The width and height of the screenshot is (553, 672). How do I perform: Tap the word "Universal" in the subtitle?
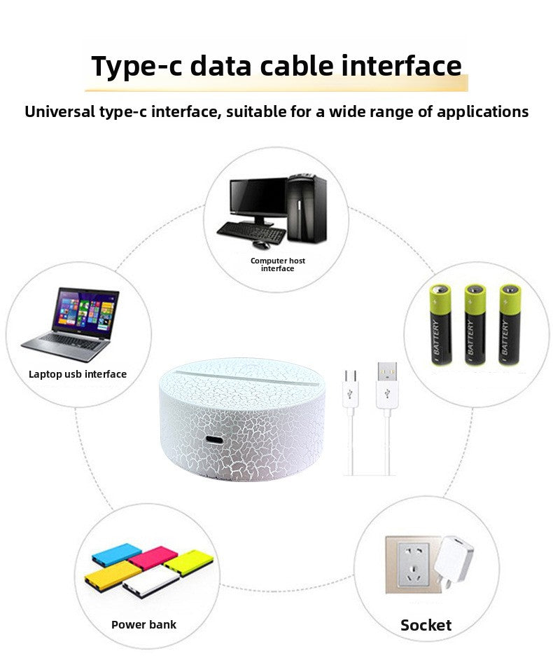59,111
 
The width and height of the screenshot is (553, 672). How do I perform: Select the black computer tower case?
307,208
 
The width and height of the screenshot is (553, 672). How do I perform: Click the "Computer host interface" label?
278,264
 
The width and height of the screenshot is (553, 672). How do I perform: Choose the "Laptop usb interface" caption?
78,374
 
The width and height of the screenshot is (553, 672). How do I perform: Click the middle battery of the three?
475,324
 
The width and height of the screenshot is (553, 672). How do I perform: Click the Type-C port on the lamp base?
214,440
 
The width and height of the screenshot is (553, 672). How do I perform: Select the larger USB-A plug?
387,385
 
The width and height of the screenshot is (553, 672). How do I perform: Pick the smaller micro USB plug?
351,388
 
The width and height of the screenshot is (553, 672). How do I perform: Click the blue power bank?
116,554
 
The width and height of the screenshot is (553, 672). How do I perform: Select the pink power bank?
153,558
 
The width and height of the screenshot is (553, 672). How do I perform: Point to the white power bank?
150,582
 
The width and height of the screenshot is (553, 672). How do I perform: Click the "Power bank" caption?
143,624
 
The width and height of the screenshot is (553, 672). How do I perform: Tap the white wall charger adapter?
454,559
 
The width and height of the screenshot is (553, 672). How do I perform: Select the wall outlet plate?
412,564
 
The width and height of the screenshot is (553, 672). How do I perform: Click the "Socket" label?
426,625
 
